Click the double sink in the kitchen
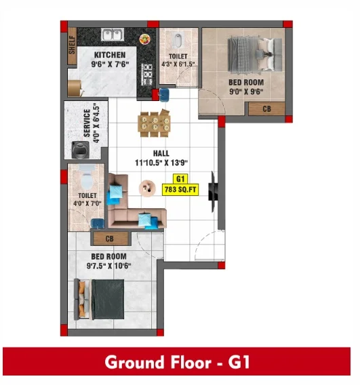click(113, 35)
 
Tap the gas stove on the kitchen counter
click(147, 74)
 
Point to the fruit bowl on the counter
click(145, 39)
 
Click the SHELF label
click(72, 45)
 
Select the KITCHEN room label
click(110, 55)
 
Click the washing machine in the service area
click(80, 150)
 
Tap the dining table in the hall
click(155, 123)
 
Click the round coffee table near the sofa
click(147, 188)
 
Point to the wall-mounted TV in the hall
click(213, 192)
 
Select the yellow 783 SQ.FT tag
click(180, 190)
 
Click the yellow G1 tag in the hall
click(180, 179)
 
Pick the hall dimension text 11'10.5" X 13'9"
click(161, 163)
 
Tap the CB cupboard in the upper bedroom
click(266, 108)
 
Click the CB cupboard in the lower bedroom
click(110, 239)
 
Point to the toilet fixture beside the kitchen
click(178, 40)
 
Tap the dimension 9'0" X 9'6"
click(246, 92)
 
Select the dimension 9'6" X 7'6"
click(110, 64)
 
